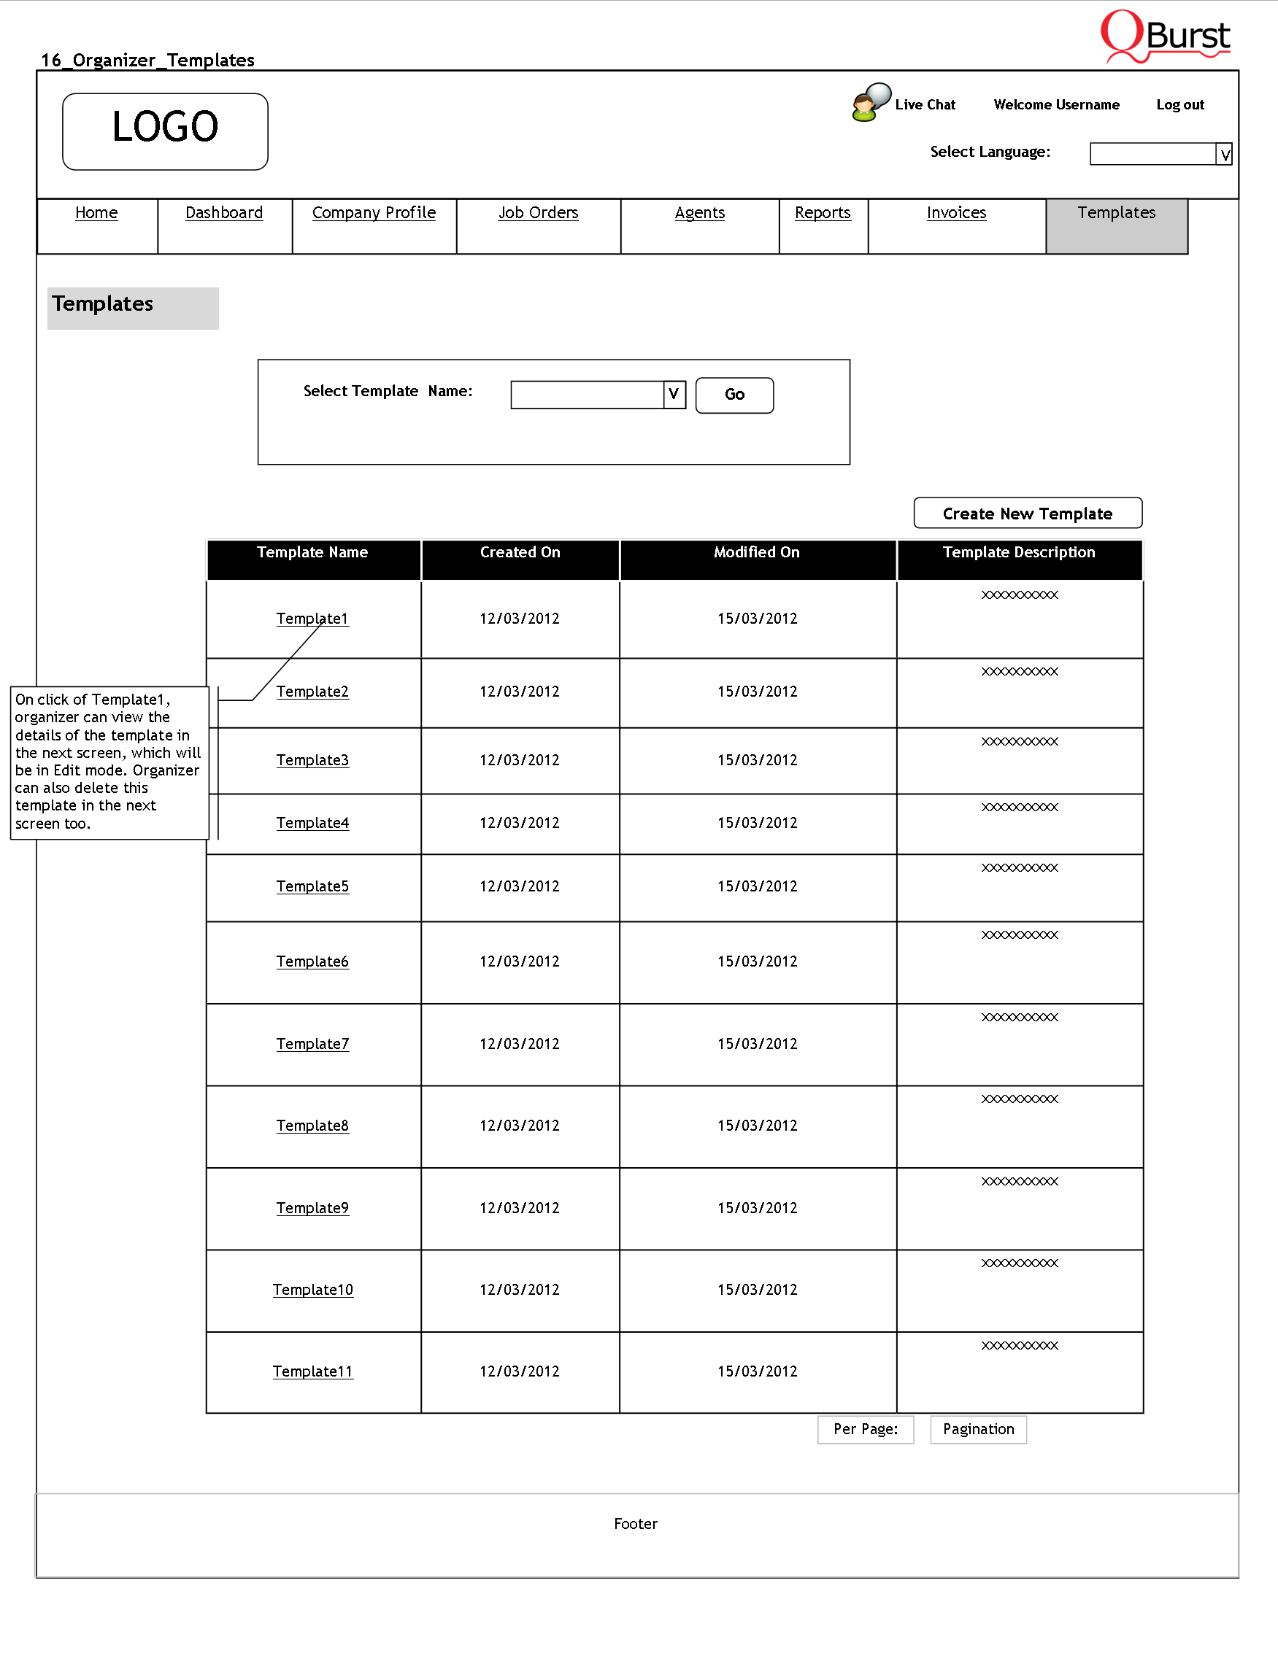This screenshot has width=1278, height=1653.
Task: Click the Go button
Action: point(734,395)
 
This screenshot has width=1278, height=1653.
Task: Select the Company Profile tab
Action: point(374,213)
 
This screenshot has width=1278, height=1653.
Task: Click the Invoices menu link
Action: point(956,213)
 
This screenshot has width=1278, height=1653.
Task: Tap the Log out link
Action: point(1179,104)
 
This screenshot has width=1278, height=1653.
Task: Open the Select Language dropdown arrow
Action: point(1223,155)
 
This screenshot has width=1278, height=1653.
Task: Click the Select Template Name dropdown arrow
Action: point(673,395)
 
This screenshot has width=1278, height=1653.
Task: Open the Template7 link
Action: point(312,1044)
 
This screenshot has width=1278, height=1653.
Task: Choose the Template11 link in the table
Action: point(312,1371)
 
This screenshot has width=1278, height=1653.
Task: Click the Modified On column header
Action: point(756,552)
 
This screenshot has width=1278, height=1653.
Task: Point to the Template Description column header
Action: point(1018,552)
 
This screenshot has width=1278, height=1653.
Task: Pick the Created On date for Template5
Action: point(520,886)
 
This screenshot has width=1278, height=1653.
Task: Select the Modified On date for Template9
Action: point(757,1208)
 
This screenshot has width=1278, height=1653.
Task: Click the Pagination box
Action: point(978,1429)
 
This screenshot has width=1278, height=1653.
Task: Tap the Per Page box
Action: point(866,1429)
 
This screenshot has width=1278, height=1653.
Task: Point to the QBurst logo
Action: point(1165,36)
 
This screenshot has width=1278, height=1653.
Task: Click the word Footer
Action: point(635,1524)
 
